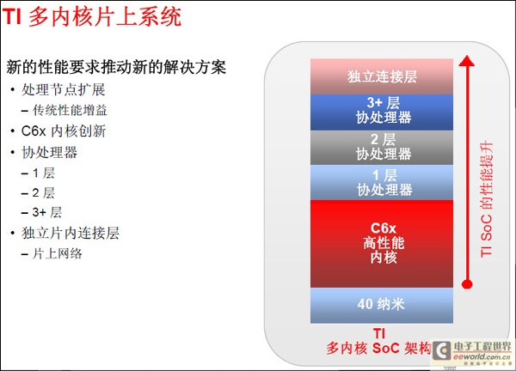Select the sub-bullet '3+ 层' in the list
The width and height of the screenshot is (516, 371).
pos(47,212)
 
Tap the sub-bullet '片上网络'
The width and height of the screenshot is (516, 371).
pos(57,253)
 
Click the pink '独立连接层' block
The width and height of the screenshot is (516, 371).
pos(382,76)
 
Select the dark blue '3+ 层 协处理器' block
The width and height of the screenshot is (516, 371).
pos(382,112)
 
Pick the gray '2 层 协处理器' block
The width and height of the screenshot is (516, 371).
pos(382,147)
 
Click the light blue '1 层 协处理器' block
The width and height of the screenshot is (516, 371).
pos(382,182)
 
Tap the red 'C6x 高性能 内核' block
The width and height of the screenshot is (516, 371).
pos(382,243)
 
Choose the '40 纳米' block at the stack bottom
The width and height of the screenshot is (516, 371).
pos(382,304)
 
